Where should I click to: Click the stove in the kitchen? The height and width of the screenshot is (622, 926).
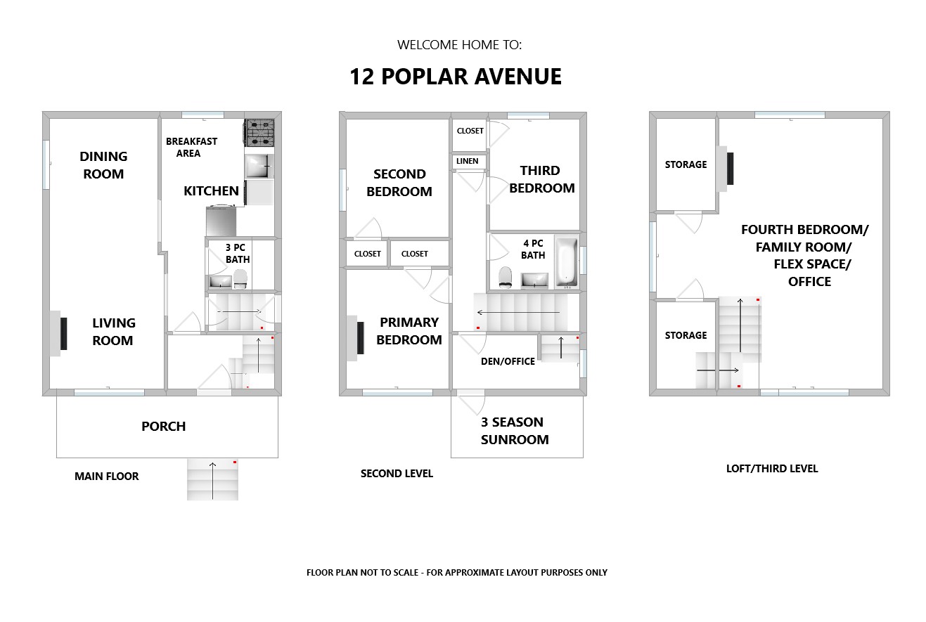tap(259, 133)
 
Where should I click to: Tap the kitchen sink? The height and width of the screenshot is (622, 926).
tap(259, 166)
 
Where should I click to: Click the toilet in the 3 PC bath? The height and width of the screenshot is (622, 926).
tap(240, 279)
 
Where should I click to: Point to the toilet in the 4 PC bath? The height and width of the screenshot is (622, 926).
tap(505, 277)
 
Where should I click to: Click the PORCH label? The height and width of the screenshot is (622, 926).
tap(163, 426)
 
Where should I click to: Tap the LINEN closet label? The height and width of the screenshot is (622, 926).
tap(467, 161)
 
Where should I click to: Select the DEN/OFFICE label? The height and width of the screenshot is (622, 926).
tap(508, 361)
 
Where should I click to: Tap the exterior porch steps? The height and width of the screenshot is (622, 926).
tap(212, 479)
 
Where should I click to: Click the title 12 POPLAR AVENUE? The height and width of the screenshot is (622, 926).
tap(456, 77)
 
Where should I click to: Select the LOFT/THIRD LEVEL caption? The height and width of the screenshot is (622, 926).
tap(772, 468)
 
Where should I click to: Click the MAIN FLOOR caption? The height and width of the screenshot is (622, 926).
tap(107, 476)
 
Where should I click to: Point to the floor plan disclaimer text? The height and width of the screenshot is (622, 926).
tap(457, 572)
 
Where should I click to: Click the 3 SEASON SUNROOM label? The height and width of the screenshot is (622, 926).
tap(515, 431)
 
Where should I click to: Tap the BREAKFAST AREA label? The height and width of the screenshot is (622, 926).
tap(191, 147)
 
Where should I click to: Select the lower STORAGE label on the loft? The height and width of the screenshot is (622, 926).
tap(686, 335)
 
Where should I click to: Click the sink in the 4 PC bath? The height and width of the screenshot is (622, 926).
tap(534, 280)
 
